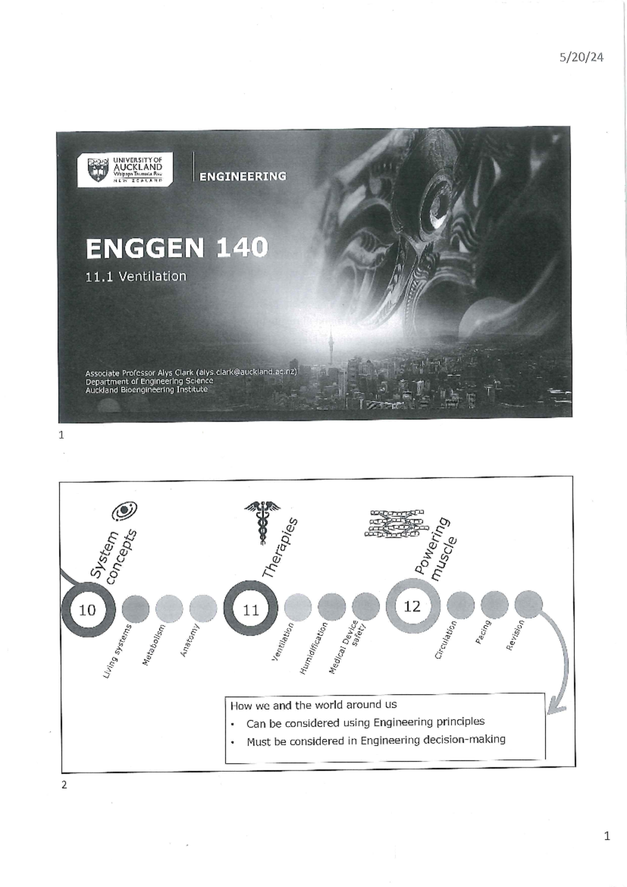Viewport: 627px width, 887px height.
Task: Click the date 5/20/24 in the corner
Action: [x=581, y=58]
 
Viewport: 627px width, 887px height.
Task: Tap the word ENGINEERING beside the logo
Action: [x=242, y=176]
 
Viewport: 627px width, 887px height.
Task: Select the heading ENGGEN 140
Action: [x=177, y=248]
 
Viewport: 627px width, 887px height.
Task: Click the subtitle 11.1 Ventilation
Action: [x=136, y=277]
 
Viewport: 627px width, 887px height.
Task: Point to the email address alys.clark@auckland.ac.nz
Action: [x=246, y=372]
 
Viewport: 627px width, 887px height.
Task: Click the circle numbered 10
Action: [x=87, y=610]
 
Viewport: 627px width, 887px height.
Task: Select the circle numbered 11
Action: [x=251, y=610]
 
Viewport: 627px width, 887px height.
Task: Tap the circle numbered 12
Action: [x=412, y=607]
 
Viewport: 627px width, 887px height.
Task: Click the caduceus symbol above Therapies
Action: [x=261, y=521]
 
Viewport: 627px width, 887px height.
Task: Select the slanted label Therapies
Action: [x=280, y=548]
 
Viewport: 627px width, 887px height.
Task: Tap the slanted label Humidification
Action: [x=313, y=647]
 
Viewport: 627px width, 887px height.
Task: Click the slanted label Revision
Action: [x=515, y=635]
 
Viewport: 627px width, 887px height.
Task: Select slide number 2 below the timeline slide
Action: [x=64, y=784]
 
